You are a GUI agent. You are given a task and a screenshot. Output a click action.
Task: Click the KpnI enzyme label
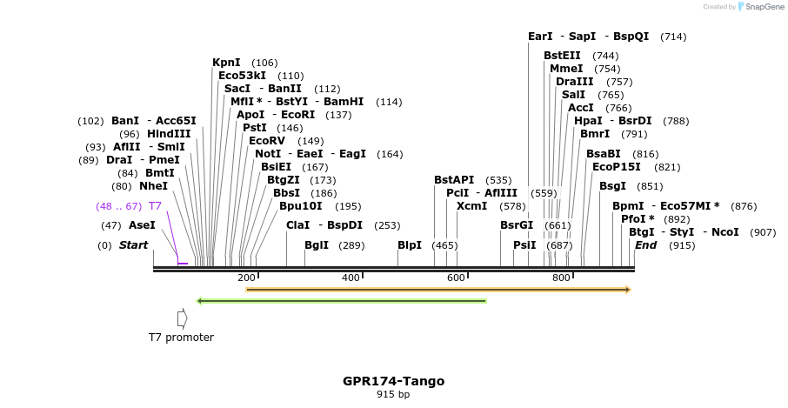coord(226,63)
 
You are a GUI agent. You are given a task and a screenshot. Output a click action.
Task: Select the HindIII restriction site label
coord(168,134)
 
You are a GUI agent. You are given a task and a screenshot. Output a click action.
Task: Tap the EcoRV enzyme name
coord(267,141)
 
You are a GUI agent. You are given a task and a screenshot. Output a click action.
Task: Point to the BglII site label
coord(317,245)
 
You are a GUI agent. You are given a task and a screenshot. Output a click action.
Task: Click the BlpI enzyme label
coord(410,245)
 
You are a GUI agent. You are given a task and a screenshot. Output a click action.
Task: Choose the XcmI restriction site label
coord(472,206)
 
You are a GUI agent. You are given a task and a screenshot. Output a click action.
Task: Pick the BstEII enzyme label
coord(562,56)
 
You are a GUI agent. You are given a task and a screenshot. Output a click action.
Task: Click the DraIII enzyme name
coord(573,82)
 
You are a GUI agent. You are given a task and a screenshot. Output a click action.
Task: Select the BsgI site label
coord(612,186)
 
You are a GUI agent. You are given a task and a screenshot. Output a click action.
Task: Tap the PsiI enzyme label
coord(524,245)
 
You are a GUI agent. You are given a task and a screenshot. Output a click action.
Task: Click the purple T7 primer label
coord(155,206)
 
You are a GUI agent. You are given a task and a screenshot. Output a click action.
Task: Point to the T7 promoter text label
coord(181,338)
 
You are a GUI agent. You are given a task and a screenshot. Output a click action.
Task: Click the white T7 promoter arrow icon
coord(182,318)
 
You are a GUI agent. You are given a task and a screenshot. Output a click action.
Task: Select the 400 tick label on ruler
coord(351,278)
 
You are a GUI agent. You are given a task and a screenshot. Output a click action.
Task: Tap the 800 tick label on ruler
coord(561,278)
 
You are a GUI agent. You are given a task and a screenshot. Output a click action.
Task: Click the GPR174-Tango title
coord(393,381)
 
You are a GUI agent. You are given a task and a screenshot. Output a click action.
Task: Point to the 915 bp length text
coord(393,395)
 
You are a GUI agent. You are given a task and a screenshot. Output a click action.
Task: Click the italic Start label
coord(133,245)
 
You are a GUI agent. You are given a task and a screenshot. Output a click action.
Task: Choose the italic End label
coord(645,245)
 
